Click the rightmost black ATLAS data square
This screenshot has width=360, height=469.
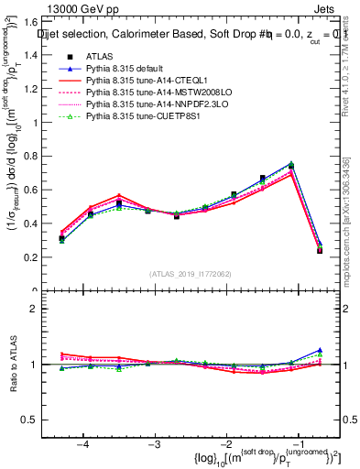coord(320,250)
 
